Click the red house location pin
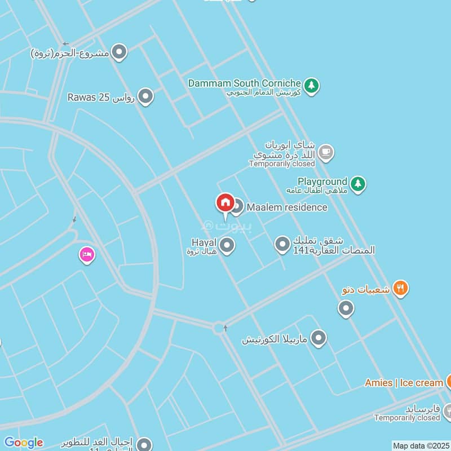tap(225, 203)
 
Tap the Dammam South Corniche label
tap(244, 83)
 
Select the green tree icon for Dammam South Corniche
tap(312, 86)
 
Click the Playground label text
tap(322, 182)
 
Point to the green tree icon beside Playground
tap(357, 184)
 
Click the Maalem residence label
tap(286, 207)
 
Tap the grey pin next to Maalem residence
tap(237, 207)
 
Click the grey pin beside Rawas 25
tap(145, 97)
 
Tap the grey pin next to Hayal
tap(227, 245)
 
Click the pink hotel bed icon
tap(86, 255)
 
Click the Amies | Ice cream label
tap(404, 383)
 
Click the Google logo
tap(24, 443)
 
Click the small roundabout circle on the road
tap(218, 328)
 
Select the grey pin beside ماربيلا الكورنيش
tap(319, 338)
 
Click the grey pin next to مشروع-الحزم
tap(119, 53)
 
